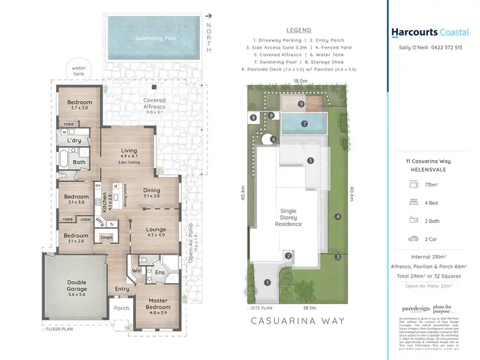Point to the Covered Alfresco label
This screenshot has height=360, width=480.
click(154, 102)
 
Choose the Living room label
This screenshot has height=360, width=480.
click(129, 151)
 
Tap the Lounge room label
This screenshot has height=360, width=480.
click(156, 229)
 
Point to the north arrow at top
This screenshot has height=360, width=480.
click(209, 17)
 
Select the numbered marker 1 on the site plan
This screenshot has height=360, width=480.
click(268, 282)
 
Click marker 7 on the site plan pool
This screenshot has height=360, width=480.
click(305, 123)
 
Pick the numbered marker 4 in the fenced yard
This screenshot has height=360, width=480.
click(337, 216)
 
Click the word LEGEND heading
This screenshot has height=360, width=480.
click(299, 30)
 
